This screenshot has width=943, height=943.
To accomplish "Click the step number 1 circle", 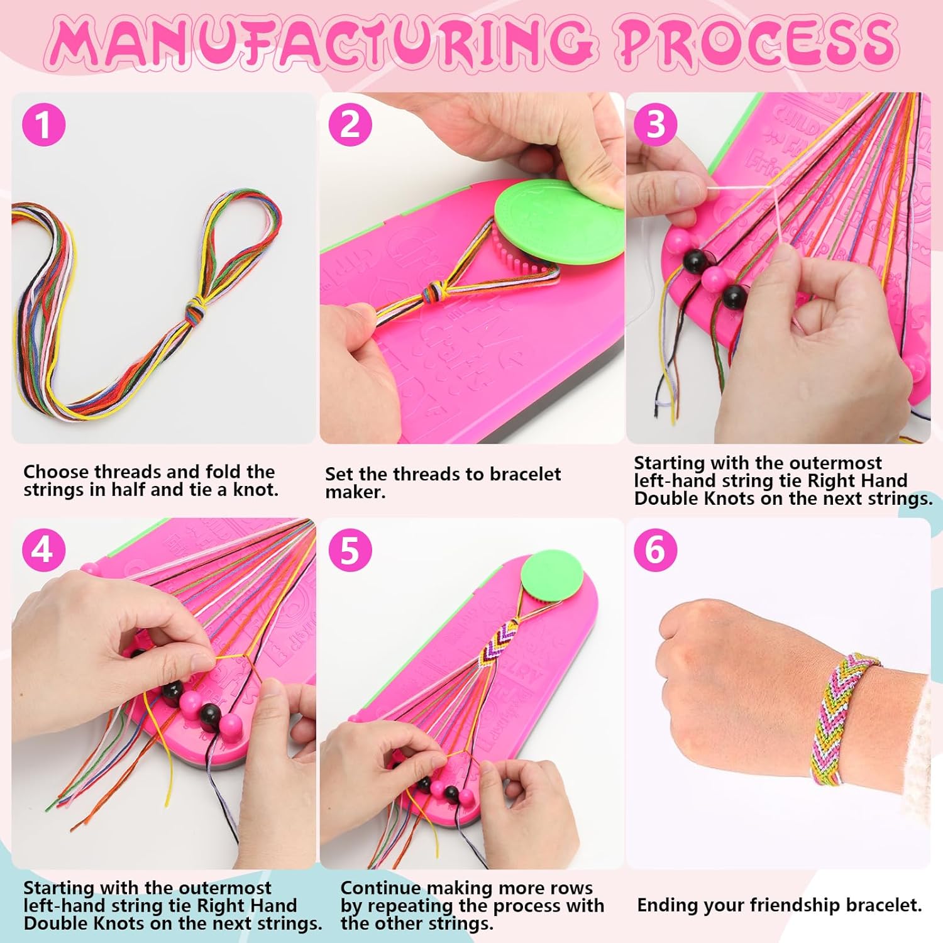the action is click(44, 124).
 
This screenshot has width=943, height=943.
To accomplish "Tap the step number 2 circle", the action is click(351, 124).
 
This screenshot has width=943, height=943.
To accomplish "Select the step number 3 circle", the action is click(656, 124).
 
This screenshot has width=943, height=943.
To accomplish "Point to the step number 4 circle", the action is click(44, 550).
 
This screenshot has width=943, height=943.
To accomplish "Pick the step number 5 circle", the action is click(351, 550).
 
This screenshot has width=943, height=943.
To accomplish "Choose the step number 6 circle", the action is click(656, 550).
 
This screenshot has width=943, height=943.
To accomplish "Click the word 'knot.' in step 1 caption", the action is click(256, 490).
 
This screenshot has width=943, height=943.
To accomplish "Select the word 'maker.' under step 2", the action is click(355, 492).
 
